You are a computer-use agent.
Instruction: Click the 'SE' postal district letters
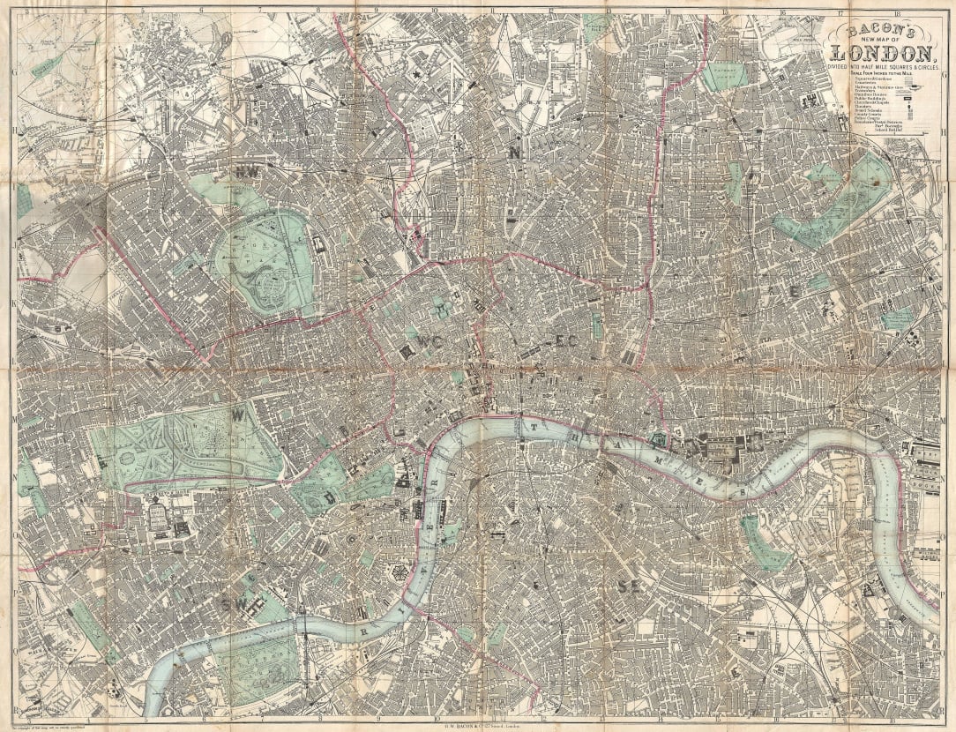pyautogui.click(x=629, y=586)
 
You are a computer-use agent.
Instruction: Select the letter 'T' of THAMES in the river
pyautogui.click(x=534, y=426)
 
